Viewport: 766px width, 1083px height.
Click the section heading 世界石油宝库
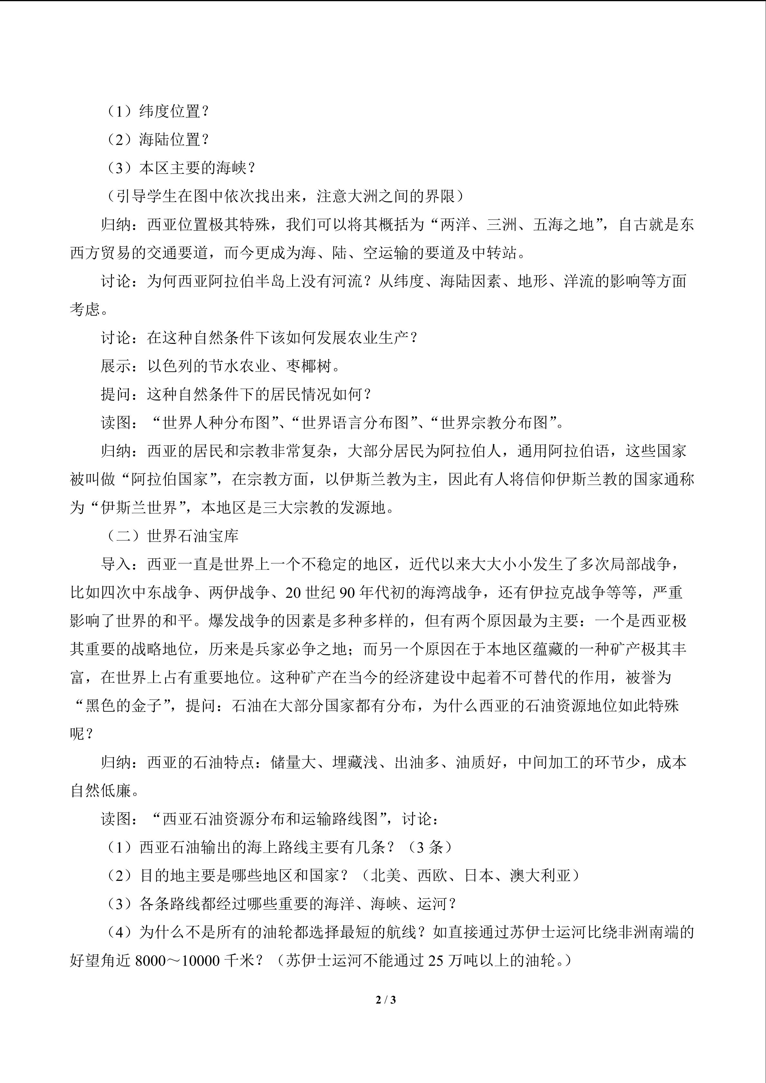[x=193, y=536]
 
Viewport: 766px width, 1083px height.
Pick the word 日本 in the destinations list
[x=479, y=876]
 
